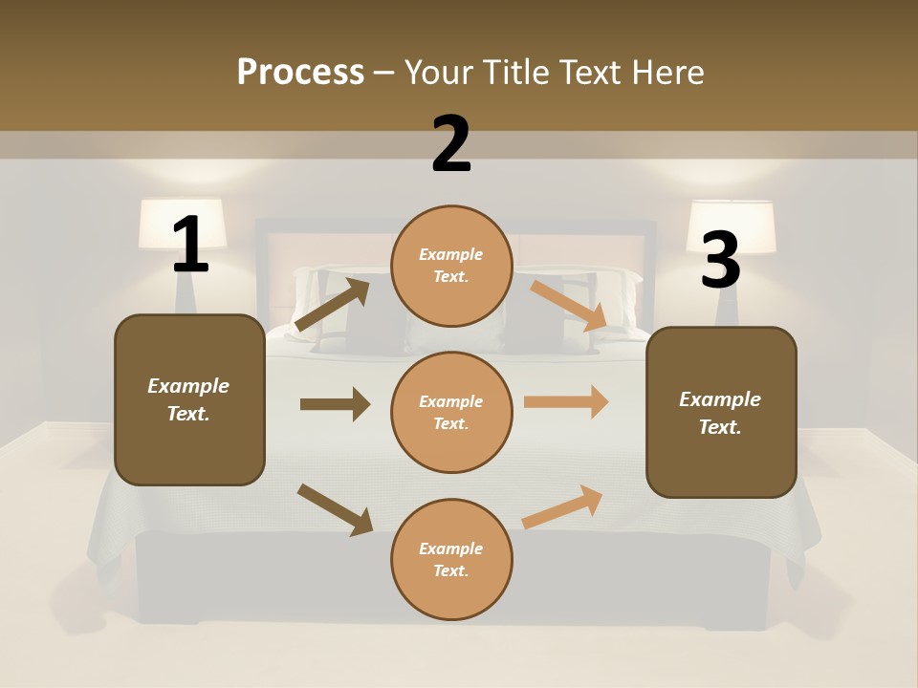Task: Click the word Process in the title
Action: click(x=300, y=72)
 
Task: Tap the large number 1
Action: click(x=190, y=246)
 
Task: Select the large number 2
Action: click(x=451, y=144)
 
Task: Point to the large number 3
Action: click(x=720, y=260)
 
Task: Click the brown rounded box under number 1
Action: click(x=189, y=399)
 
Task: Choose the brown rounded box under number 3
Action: click(x=721, y=412)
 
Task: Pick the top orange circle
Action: click(x=451, y=265)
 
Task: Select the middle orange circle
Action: click(x=451, y=412)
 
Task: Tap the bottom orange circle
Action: click(x=451, y=559)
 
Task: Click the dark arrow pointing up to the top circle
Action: click(x=332, y=304)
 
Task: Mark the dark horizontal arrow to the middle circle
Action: click(x=335, y=404)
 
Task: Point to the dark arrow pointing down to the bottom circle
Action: click(x=335, y=509)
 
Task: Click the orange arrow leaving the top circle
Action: click(x=570, y=306)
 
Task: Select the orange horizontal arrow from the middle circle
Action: click(x=566, y=402)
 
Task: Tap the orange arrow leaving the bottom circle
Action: click(x=563, y=506)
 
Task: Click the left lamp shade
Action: click(x=183, y=224)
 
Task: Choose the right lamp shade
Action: click(x=732, y=226)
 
